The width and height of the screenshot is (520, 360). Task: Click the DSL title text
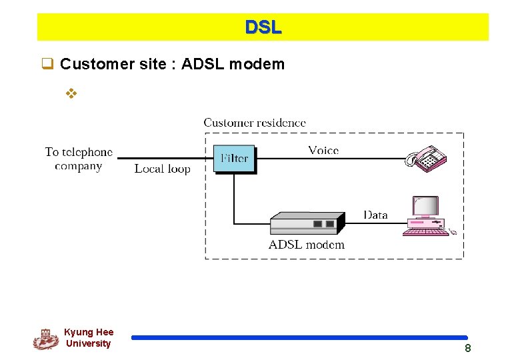point(263,27)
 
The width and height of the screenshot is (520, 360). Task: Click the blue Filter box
point(233,159)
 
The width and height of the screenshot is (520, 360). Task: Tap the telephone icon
point(426,159)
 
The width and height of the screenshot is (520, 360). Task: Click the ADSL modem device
point(307,223)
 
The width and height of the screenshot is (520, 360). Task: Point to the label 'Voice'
point(323,150)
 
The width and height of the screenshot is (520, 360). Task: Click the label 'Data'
point(375,215)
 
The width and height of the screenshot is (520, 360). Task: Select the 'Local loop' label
point(162,169)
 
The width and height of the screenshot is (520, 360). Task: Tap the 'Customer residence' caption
point(255,123)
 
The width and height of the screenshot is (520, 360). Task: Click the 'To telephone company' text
point(79,159)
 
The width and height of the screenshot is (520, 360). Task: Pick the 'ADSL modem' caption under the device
point(307,245)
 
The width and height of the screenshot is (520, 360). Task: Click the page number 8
point(468,348)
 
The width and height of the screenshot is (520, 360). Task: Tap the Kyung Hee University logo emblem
point(45,339)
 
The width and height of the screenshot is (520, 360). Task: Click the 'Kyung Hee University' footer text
point(89,338)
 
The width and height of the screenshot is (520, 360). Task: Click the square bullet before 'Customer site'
point(47,65)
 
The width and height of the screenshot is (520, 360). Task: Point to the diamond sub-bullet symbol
point(71,93)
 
